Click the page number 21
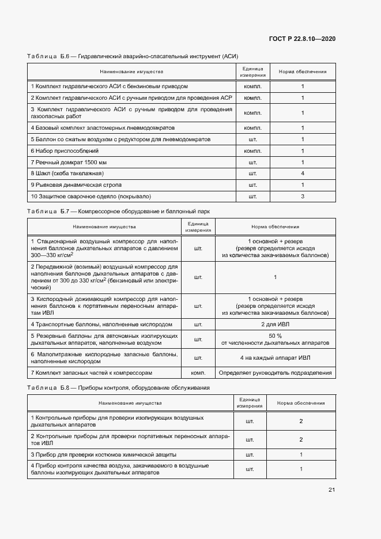pos(331,490)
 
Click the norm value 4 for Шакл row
pos(303,173)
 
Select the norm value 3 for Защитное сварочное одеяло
pos(303,197)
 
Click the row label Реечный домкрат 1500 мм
pos(69,162)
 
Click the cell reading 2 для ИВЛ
pos(275,325)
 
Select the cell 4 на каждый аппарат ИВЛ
pos(275,357)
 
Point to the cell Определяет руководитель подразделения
pos(275,373)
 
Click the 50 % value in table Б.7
pos(275,336)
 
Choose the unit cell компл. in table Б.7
pos(198,373)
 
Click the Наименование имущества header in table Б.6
pos(131,72)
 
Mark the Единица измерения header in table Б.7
pos(198,227)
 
